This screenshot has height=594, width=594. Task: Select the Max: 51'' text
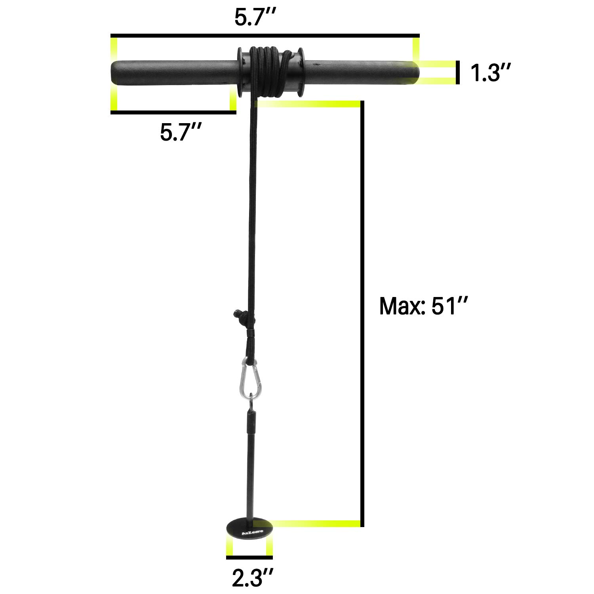[424, 306]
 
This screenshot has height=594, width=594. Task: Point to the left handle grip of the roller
[174, 72]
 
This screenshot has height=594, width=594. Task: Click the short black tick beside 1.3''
[458, 72]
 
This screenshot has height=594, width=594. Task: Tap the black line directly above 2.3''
[249, 558]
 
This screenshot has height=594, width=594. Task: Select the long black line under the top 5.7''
[265, 36]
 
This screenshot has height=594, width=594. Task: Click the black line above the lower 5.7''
[173, 112]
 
